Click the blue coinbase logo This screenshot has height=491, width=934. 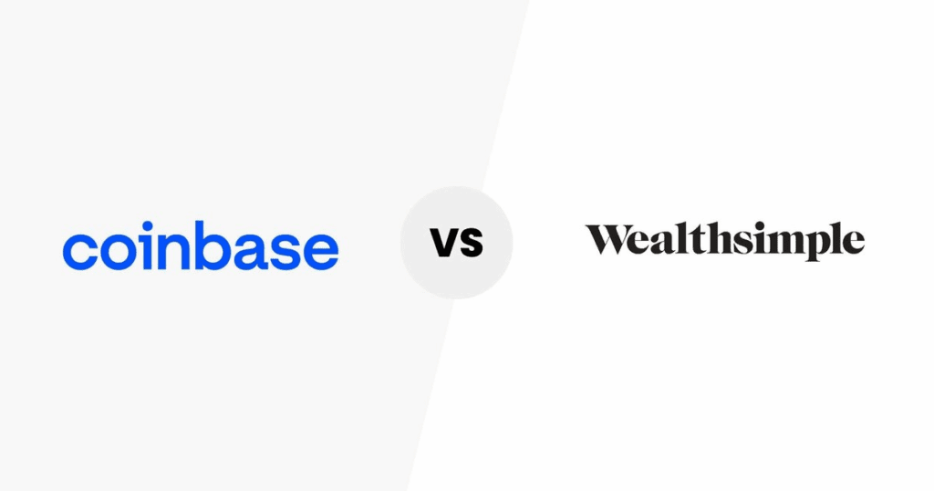pos(201,245)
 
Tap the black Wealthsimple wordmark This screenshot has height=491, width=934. pos(725,241)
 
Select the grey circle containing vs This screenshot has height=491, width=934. pos(456,243)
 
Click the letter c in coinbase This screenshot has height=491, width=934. pos(80,251)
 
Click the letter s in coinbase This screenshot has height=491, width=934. pos(289,251)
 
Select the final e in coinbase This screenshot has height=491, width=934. pos(321,251)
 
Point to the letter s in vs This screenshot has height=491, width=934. pos(471,243)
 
